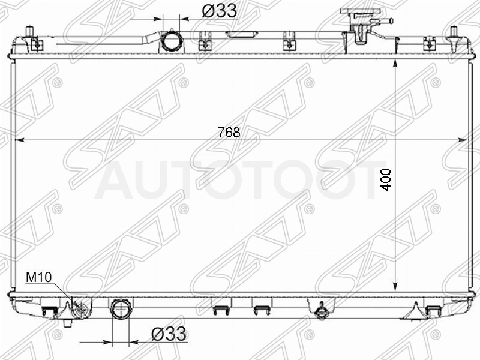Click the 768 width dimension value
[x=229, y=133]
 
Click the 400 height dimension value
[x=386, y=179]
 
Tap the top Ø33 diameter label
[x=220, y=11]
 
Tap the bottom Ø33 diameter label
[x=169, y=334]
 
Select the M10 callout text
[x=39, y=277]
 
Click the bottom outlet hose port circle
[x=121, y=310]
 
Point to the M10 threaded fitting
[x=81, y=310]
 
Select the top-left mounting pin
[x=29, y=32]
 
